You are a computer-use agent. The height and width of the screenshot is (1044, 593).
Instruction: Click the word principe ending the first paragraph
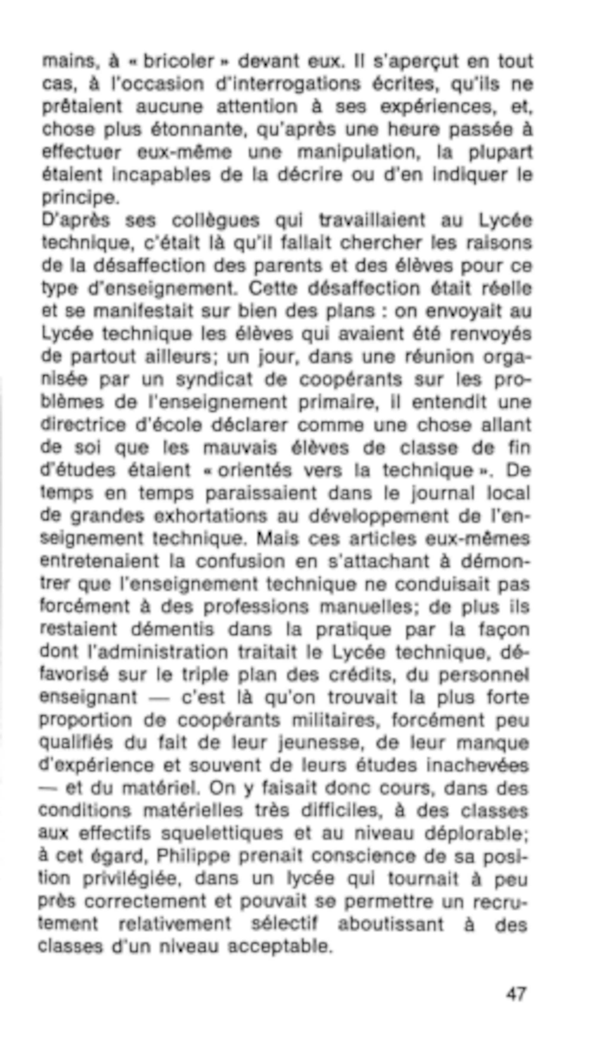click(80, 198)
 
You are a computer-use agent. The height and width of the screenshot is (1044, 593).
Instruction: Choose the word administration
click(162, 652)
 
